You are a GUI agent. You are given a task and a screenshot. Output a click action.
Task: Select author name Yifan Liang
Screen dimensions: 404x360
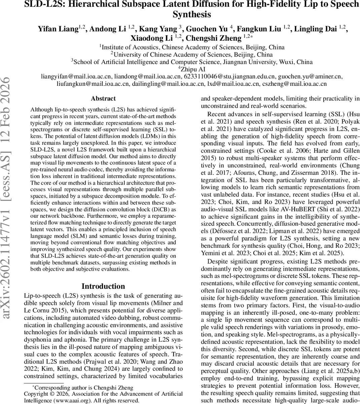pyautogui.click(x=58, y=29)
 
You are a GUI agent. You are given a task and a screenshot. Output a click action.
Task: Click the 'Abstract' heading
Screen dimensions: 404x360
pyautogui.click(x=103, y=99)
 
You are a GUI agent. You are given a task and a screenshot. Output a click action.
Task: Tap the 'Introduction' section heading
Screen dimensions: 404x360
pyautogui.click(x=103, y=286)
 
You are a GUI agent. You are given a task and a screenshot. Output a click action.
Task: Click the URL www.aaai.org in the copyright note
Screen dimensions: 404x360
pyautogui.click(x=74, y=400)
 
